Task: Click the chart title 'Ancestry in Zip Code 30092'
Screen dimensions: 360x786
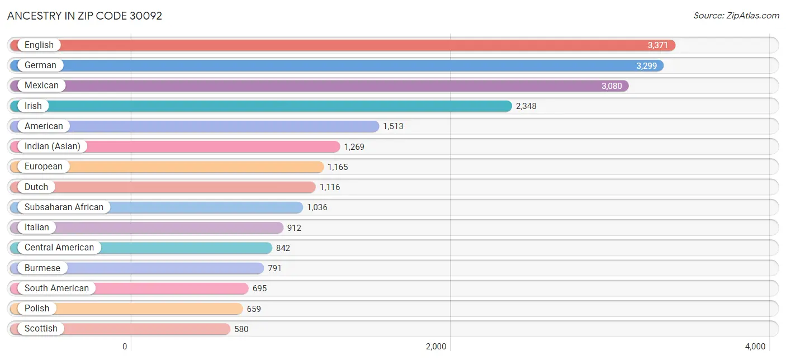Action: coord(84,16)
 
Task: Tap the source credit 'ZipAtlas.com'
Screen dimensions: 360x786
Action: coord(736,16)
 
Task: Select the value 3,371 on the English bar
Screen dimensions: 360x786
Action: coord(658,45)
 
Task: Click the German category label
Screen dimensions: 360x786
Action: coord(40,65)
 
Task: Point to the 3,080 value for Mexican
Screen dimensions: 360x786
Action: coord(612,86)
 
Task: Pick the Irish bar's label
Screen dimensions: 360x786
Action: coord(33,106)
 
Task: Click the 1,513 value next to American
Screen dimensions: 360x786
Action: coord(393,126)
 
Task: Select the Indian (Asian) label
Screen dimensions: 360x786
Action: coord(53,146)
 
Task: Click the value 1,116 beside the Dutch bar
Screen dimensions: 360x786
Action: coord(330,187)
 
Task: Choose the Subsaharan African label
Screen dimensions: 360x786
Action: coord(64,207)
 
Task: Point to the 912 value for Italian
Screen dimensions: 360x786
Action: coord(294,228)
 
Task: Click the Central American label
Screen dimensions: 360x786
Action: coord(59,248)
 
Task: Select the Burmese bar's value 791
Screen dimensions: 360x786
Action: coord(274,268)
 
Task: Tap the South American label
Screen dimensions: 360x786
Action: coord(56,288)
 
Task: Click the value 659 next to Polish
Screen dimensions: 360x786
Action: coord(254,309)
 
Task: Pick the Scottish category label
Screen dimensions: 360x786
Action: coord(41,329)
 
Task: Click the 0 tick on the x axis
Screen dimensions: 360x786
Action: coord(125,347)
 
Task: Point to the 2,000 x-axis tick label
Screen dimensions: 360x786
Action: coord(436,347)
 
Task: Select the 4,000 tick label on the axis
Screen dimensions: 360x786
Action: coord(755,347)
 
